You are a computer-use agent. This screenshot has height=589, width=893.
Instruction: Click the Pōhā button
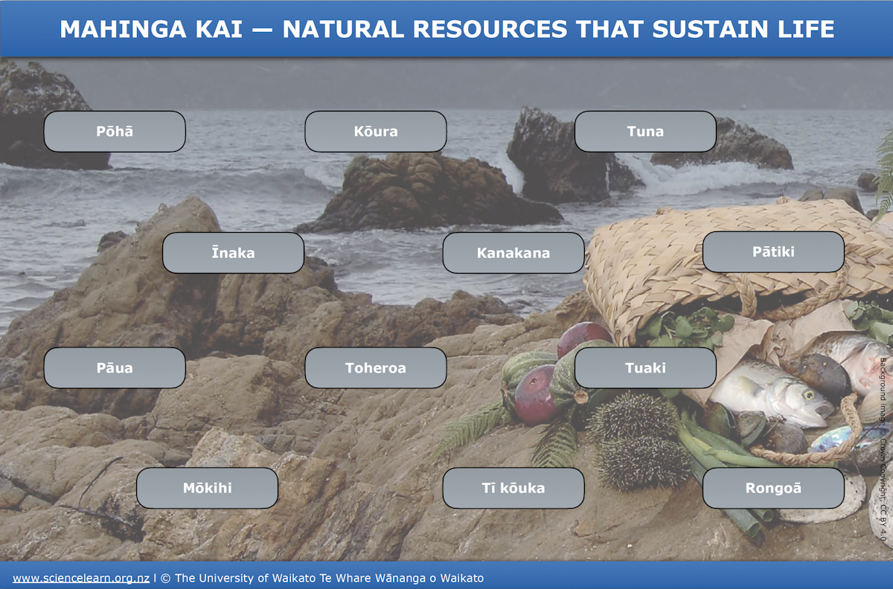point(115,132)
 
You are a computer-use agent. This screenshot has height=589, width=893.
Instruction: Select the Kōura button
point(376,132)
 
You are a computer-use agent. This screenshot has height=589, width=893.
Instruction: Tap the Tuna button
point(645,132)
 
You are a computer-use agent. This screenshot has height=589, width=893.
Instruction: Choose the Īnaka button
point(233,253)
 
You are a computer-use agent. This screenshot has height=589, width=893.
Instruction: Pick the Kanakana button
point(513,253)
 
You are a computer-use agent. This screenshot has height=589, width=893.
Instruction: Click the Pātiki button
point(773,252)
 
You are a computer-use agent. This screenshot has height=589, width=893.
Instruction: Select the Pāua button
point(115,368)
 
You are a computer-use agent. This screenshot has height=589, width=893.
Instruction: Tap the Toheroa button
point(376,368)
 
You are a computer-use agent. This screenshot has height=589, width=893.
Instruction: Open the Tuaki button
point(645,368)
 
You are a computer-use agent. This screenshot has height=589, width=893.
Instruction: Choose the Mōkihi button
point(207,489)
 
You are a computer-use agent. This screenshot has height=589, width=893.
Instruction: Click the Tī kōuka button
point(513,489)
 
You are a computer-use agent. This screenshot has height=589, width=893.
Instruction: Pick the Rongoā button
point(773,489)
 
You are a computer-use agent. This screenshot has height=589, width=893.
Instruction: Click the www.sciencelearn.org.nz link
point(81,578)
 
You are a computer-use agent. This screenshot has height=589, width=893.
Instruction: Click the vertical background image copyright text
point(883,446)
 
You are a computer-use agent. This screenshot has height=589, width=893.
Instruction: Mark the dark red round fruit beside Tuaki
point(536,394)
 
